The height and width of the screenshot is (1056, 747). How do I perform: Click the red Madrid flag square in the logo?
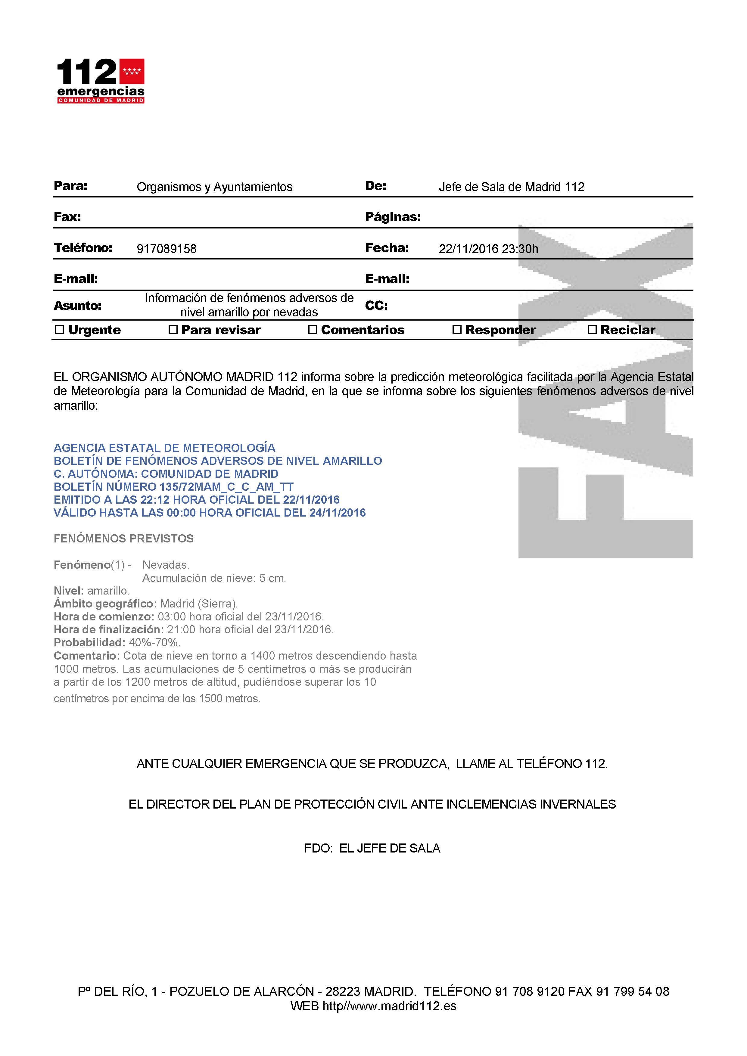pos(132,71)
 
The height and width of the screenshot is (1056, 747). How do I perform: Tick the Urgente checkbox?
pos(59,330)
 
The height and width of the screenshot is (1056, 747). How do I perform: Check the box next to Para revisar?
pos(173,330)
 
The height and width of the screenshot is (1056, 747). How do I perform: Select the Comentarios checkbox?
pos(313,330)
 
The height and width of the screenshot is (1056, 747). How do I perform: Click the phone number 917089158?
pos(167,249)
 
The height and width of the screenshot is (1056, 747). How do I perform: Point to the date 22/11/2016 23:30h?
pos(488,249)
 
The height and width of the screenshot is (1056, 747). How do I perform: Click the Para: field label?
pos(70,186)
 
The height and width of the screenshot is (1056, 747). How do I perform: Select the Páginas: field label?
pos(393,217)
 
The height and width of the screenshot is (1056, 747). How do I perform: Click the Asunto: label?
pos(77,306)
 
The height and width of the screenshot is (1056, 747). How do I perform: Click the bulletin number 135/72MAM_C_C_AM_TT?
pos(226,486)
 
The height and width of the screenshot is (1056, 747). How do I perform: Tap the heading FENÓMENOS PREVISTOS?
pos(123,539)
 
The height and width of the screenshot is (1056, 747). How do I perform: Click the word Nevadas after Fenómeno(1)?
pos(166,565)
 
